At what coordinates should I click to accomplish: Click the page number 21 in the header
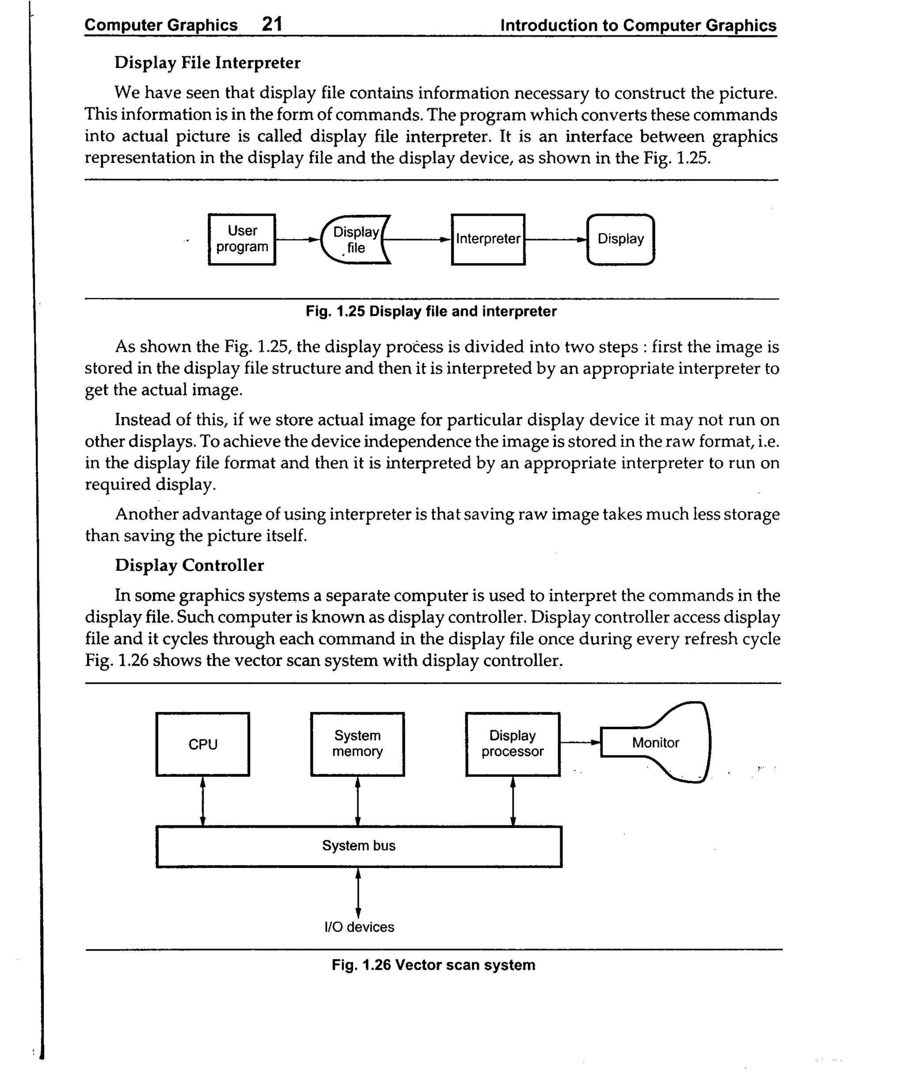tap(272, 24)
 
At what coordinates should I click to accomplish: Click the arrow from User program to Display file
tap(297, 240)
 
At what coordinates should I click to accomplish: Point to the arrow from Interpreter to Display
tap(555, 240)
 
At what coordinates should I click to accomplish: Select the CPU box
tap(203, 744)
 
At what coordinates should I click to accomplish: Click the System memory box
tap(358, 744)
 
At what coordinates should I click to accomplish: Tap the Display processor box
tap(512, 744)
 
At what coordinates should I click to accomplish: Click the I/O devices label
tap(358, 927)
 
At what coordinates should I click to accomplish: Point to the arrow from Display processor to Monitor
tap(580, 742)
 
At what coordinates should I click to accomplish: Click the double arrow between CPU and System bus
tap(203, 801)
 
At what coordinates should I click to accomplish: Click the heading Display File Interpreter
tap(207, 62)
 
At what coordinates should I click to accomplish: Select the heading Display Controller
tap(189, 565)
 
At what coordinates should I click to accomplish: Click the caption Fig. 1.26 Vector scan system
tap(433, 965)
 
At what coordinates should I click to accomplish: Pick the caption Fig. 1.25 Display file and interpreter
tap(431, 311)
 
